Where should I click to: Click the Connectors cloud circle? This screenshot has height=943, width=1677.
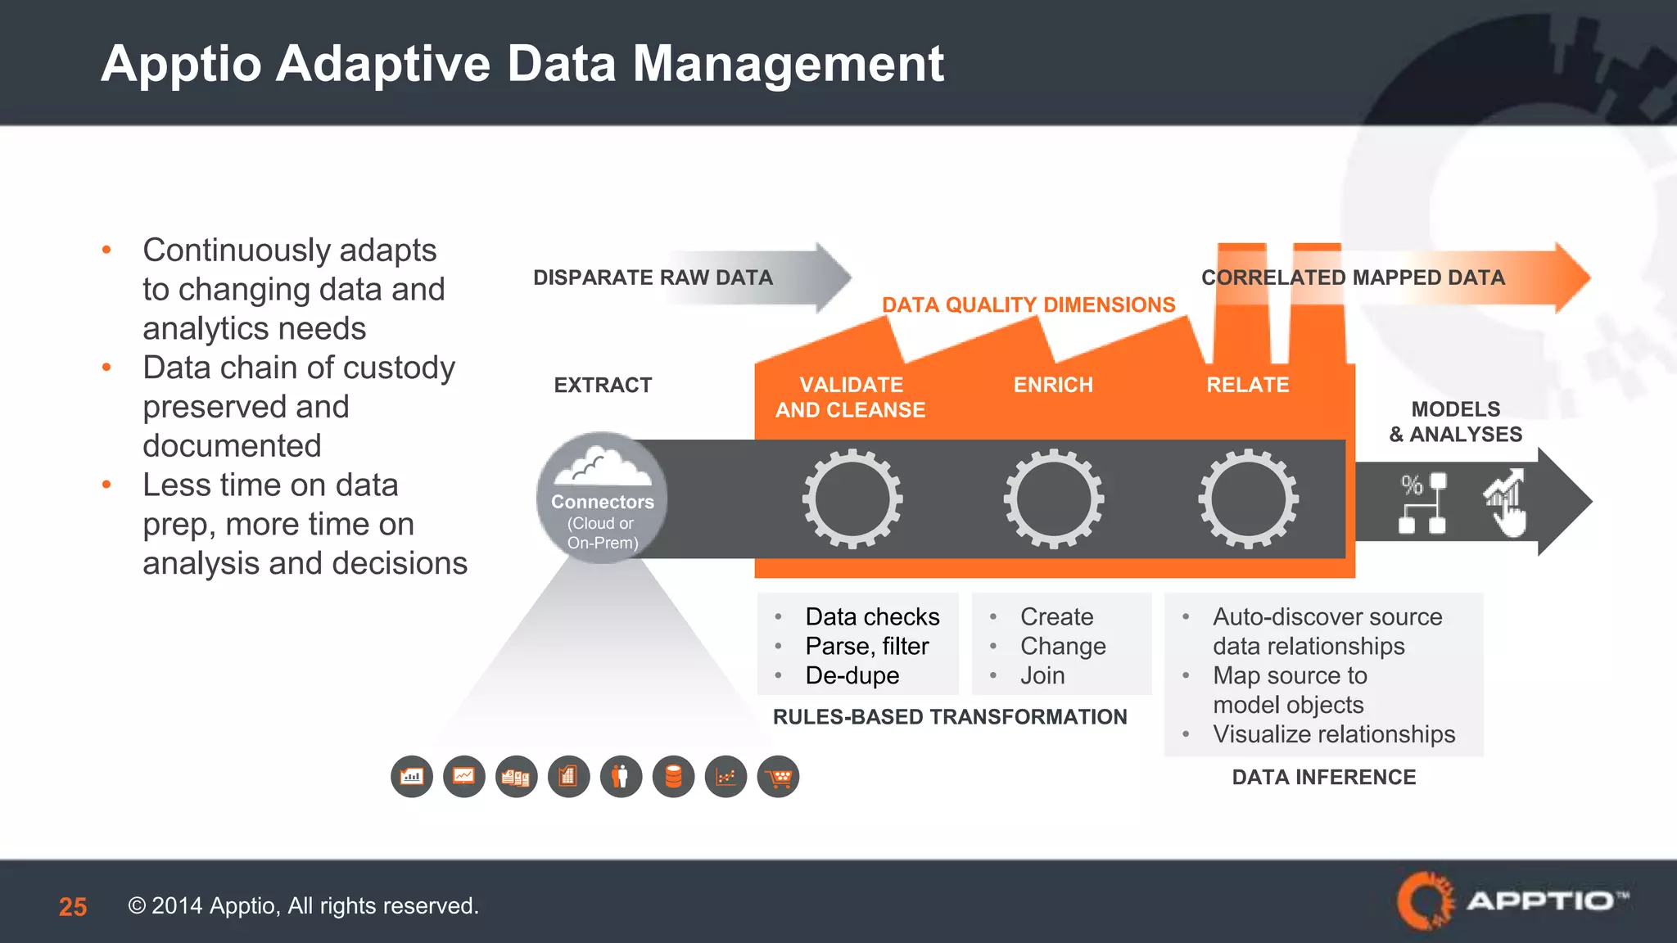pos(602,498)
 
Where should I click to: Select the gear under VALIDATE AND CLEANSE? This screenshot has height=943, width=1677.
pos(852,498)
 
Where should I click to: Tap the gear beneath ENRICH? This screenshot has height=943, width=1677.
pos(1054,498)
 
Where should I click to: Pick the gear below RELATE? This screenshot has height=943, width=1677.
pos(1248,498)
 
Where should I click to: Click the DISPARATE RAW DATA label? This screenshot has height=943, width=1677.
pos(653,277)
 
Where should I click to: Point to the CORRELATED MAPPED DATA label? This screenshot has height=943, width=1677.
pos(1353,277)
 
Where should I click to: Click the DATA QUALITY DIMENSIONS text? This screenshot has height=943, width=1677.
pos(1028,305)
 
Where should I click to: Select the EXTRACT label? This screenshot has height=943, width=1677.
pos(603,385)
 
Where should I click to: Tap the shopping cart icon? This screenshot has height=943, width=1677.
pos(778,777)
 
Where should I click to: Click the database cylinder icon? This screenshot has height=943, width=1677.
pos(673,777)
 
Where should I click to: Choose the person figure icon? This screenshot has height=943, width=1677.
pos(621,777)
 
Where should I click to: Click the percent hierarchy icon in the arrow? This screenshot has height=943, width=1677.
pos(1422,503)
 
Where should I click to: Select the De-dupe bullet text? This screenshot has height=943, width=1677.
pos(852,675)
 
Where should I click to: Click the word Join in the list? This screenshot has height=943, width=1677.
pos(1042,675)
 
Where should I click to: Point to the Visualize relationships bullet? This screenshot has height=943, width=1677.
pos(1333,734)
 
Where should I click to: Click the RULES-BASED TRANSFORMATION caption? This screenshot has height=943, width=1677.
pos(950,717)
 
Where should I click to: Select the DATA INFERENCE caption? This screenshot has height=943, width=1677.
pos(1323,777)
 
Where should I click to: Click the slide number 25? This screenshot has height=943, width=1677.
pos(73,906)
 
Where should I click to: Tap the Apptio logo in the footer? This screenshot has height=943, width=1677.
pos(1512,900)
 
